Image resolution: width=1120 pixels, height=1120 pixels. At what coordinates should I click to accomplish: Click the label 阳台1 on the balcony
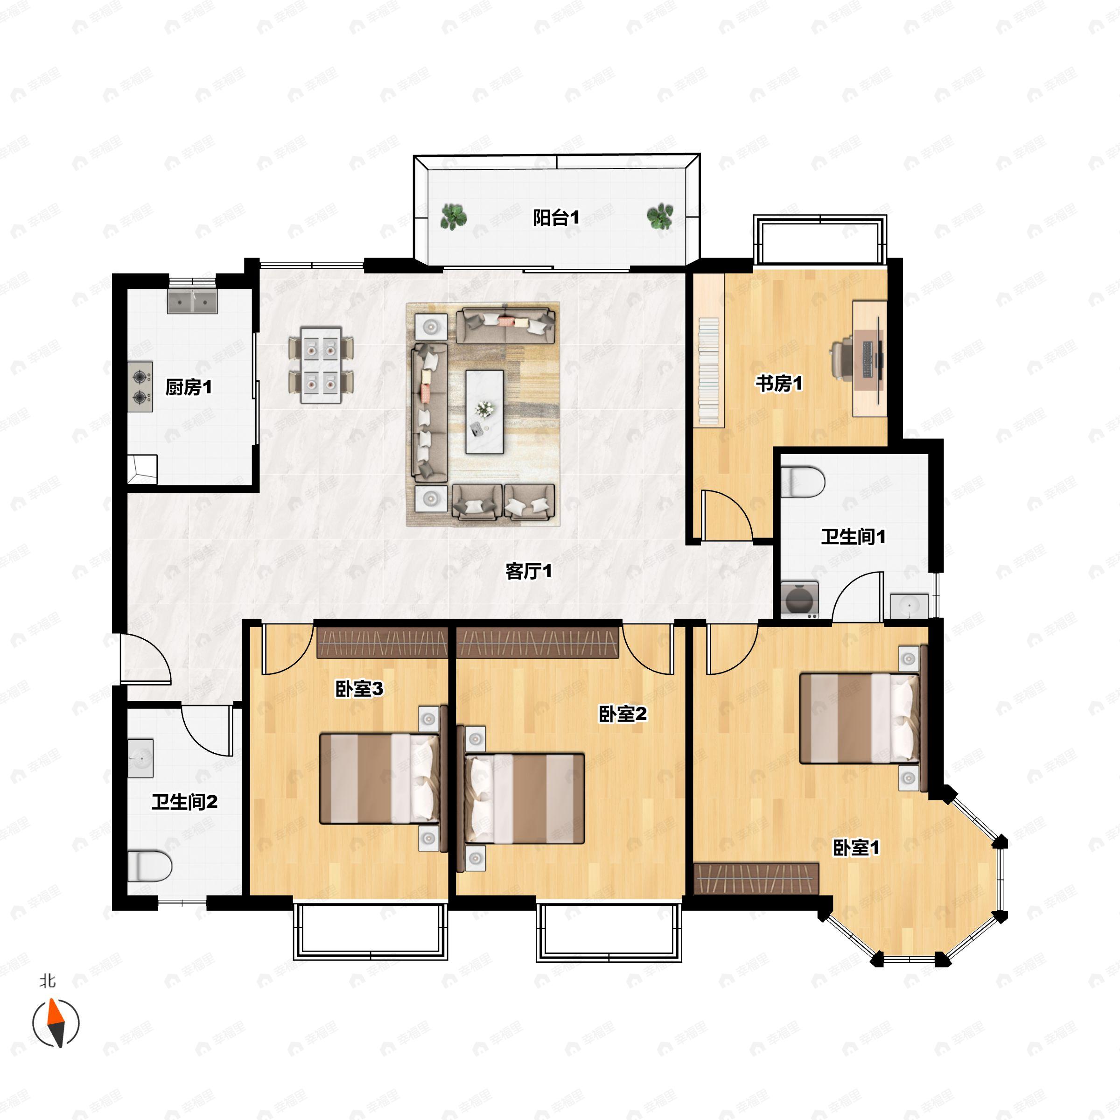click(x=556, y=218)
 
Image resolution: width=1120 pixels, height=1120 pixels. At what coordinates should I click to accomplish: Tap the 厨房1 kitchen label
click(x=189, y=387)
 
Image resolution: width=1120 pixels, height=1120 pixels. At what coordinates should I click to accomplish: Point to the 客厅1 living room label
click(x=528, y=572)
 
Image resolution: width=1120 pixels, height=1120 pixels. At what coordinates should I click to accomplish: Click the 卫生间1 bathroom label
click(x=853, y=536)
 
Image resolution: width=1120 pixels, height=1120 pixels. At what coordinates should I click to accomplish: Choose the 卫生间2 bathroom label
click(x=184, y=802)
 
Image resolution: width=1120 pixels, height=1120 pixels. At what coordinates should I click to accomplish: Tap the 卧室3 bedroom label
click(x=359, y=689)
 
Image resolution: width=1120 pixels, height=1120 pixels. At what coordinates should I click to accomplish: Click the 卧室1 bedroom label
click(x=856, y=847)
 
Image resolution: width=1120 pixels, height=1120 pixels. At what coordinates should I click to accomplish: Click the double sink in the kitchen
click(x=192, y=301)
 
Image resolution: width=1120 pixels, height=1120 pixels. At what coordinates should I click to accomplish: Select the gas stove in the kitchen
click(x=140, y=387)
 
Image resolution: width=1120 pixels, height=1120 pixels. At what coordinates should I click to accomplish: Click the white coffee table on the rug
click(x=484, y=412)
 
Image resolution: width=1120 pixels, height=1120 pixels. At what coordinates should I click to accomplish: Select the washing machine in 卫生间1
click(x=799, y=599)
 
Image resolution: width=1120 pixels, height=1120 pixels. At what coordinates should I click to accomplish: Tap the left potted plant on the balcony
click(x=453, y=217)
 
